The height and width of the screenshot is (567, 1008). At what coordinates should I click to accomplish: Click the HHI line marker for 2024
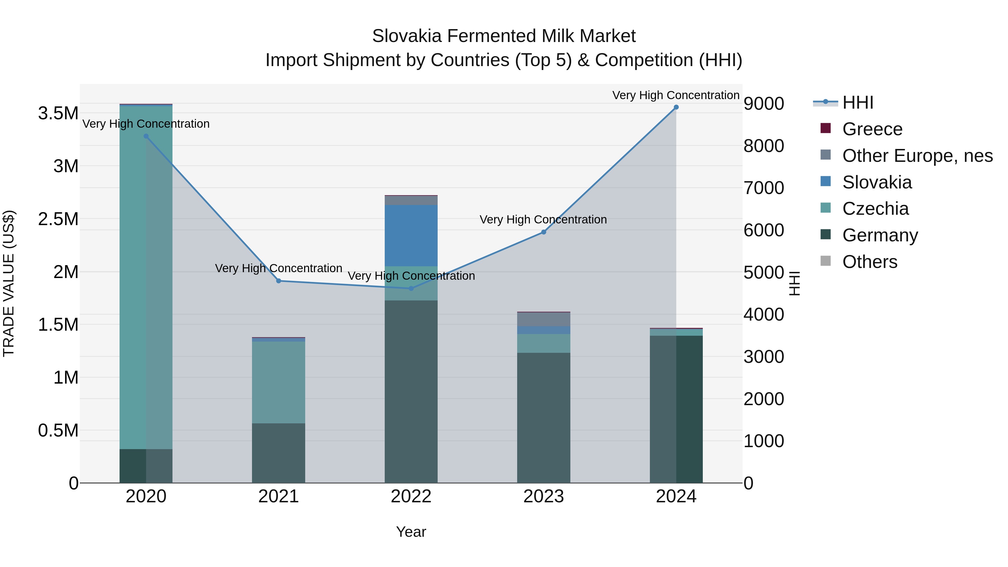click(x=676, y=107)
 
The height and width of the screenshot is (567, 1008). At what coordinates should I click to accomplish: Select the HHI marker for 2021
click(x=279, y=281)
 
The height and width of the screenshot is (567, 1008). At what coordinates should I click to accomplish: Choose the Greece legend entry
click(x=872, y=129)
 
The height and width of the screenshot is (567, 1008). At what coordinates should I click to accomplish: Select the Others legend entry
click(x=869, y=262)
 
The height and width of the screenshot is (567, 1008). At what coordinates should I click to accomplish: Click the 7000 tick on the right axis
click(x=764, y=188)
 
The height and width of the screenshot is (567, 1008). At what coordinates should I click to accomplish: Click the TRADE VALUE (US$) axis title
click(x=9, y=283)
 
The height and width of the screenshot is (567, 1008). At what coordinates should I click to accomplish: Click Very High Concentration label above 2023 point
click(x=543, y=220)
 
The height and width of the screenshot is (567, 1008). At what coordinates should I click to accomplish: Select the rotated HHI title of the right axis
click(x=794, y=283)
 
